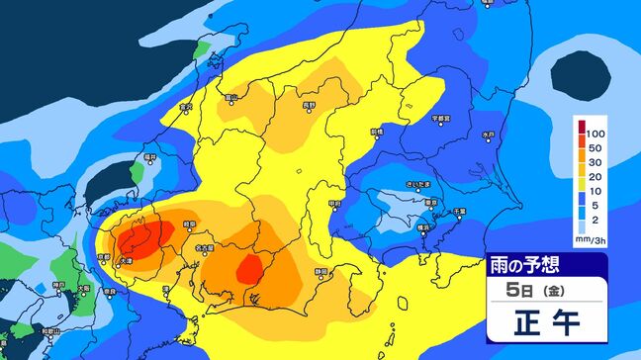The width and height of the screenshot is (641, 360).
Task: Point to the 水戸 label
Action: pyautogui.click(x=487, y=134)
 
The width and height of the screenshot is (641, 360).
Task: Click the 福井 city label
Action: pyautogui.click(x=150, y=156)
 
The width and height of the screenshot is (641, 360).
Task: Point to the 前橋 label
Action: pyautogui.click(x=376, y=131)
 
